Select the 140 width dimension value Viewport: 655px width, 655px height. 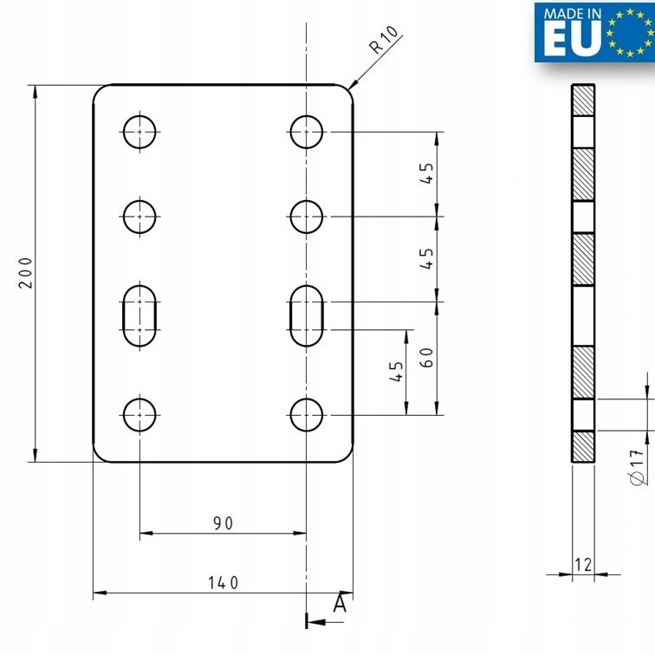coord(223,583)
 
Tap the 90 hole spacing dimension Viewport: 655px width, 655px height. coord(223,522)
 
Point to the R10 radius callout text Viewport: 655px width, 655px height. coord(383,42)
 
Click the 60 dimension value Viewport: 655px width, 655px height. coord(426,358)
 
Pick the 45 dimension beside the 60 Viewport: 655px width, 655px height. coord(397,373)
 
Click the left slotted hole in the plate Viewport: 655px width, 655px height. coord(140,315)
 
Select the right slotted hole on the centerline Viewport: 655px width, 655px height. coord(307,315)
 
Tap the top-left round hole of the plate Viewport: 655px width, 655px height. coord(140,133)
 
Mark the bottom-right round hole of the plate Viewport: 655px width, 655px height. coord(307,414)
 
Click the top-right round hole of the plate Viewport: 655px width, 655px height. coord(307,133)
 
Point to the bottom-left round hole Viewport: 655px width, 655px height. coord(140,414)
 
